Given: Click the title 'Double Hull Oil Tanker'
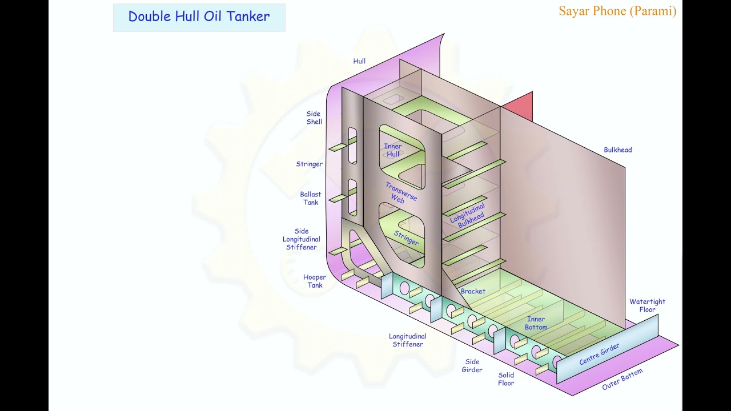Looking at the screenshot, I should tap(199, 17).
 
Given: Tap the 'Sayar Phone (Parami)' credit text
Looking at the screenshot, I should tap(617, 11).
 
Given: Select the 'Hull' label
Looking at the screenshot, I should tap(359, 61).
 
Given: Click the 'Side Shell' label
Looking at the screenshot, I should tap(314, 118).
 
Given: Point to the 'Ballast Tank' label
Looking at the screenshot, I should tap(311, 198).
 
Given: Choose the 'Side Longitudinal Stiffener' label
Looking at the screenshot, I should tap(301, 239).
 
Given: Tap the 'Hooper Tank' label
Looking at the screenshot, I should tap(315, 281).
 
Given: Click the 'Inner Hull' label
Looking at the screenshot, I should tap(392, 150).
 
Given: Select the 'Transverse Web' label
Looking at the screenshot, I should tap(400, 193).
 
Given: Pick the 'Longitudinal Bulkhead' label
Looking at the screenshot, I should tap(468, 216).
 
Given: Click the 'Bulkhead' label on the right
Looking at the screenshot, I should tap(617, 150).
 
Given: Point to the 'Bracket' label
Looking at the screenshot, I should tap(473, 291).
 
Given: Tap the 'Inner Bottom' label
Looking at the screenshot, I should tap(536, 323).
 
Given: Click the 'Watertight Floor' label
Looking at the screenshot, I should tap(647, 305).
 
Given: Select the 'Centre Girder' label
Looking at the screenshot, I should tap(599, 354).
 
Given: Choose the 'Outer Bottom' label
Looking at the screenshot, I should tap(622, 379).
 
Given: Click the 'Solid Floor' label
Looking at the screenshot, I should tap(506, 379).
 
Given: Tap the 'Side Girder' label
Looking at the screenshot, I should tap(472, 365).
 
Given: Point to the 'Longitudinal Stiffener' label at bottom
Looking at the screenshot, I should tap(408, 340).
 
